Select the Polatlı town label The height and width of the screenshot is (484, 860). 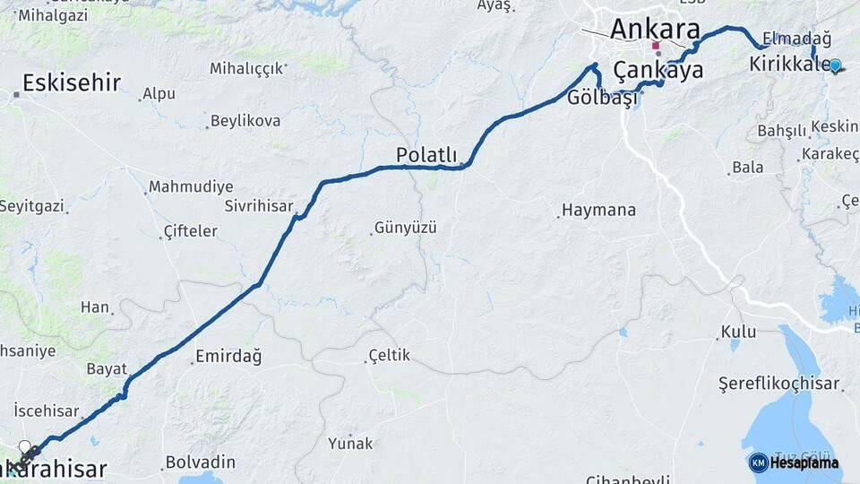click(426, 155)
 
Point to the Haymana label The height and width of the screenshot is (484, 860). click(599, 211)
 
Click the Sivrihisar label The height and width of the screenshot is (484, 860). click(259, 206)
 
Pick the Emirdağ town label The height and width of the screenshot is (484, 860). click(228, 357)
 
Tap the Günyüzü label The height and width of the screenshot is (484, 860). click(405, 228)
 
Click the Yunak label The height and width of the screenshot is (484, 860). click(349, 443)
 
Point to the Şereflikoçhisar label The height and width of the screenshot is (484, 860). click(779, 384)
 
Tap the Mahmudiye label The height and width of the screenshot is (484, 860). click(191, 187)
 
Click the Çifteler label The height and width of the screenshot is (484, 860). click(190, 231)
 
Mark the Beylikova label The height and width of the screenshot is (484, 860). click(245, 121)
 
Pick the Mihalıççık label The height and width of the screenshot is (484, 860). click(247, 68)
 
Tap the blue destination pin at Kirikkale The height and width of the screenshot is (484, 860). click(835, 65)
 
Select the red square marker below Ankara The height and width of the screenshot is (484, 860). click(657, 46)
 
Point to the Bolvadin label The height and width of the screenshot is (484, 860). click(200, 463)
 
